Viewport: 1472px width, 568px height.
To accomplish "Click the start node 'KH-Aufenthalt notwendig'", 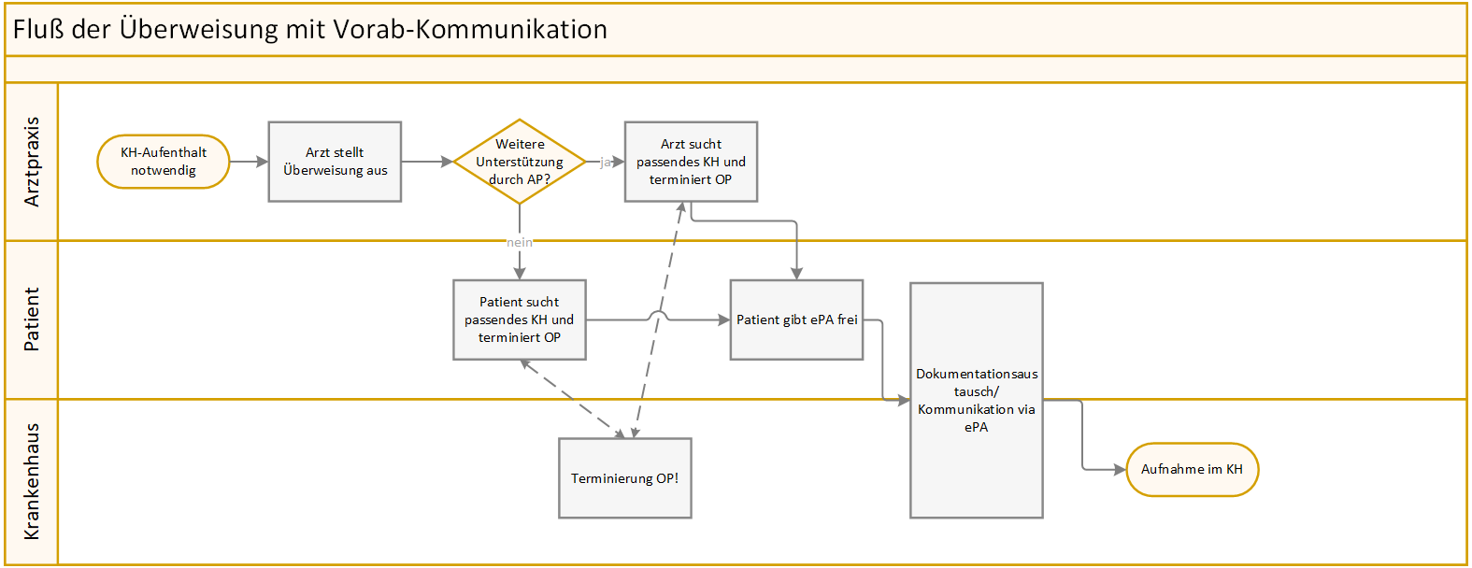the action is tap(163, 162).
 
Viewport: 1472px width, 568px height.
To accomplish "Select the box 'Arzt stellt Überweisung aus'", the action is tap(335, 162).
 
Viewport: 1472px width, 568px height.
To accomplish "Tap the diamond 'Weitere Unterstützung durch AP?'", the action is tap(519, 162).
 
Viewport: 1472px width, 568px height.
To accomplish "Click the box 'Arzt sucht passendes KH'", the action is tap(691, 162).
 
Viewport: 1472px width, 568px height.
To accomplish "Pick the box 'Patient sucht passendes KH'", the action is tap(519, 319).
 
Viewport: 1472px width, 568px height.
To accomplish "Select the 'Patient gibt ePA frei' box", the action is tap(796, 319).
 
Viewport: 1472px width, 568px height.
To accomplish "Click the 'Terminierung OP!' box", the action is tap(625, 478).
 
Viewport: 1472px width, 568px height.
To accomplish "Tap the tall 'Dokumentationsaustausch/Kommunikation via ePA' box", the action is tap(977, 401).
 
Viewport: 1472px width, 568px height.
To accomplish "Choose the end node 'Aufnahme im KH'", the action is tap(1192, 470).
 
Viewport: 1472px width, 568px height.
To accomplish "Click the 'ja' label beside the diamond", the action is tap(606, 162).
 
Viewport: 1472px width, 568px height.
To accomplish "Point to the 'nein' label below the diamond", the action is tap(519, 242).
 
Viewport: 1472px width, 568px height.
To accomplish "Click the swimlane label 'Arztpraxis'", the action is tap(32, 162).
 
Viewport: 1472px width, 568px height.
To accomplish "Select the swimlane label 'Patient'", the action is tap(32, 319).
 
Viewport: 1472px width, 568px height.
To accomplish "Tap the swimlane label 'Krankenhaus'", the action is tap(32, 481).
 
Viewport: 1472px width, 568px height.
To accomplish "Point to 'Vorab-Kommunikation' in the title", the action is tap(470, 29).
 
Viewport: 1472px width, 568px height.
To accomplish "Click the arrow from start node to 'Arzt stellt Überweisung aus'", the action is tap(249, 162).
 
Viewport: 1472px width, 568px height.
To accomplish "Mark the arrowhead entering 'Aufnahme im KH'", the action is tap(1120, 470).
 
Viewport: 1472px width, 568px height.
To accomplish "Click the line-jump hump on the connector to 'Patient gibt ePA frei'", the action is tap(658, 316).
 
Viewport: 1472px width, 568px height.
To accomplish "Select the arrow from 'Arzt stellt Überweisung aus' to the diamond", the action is tap(427, 162).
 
